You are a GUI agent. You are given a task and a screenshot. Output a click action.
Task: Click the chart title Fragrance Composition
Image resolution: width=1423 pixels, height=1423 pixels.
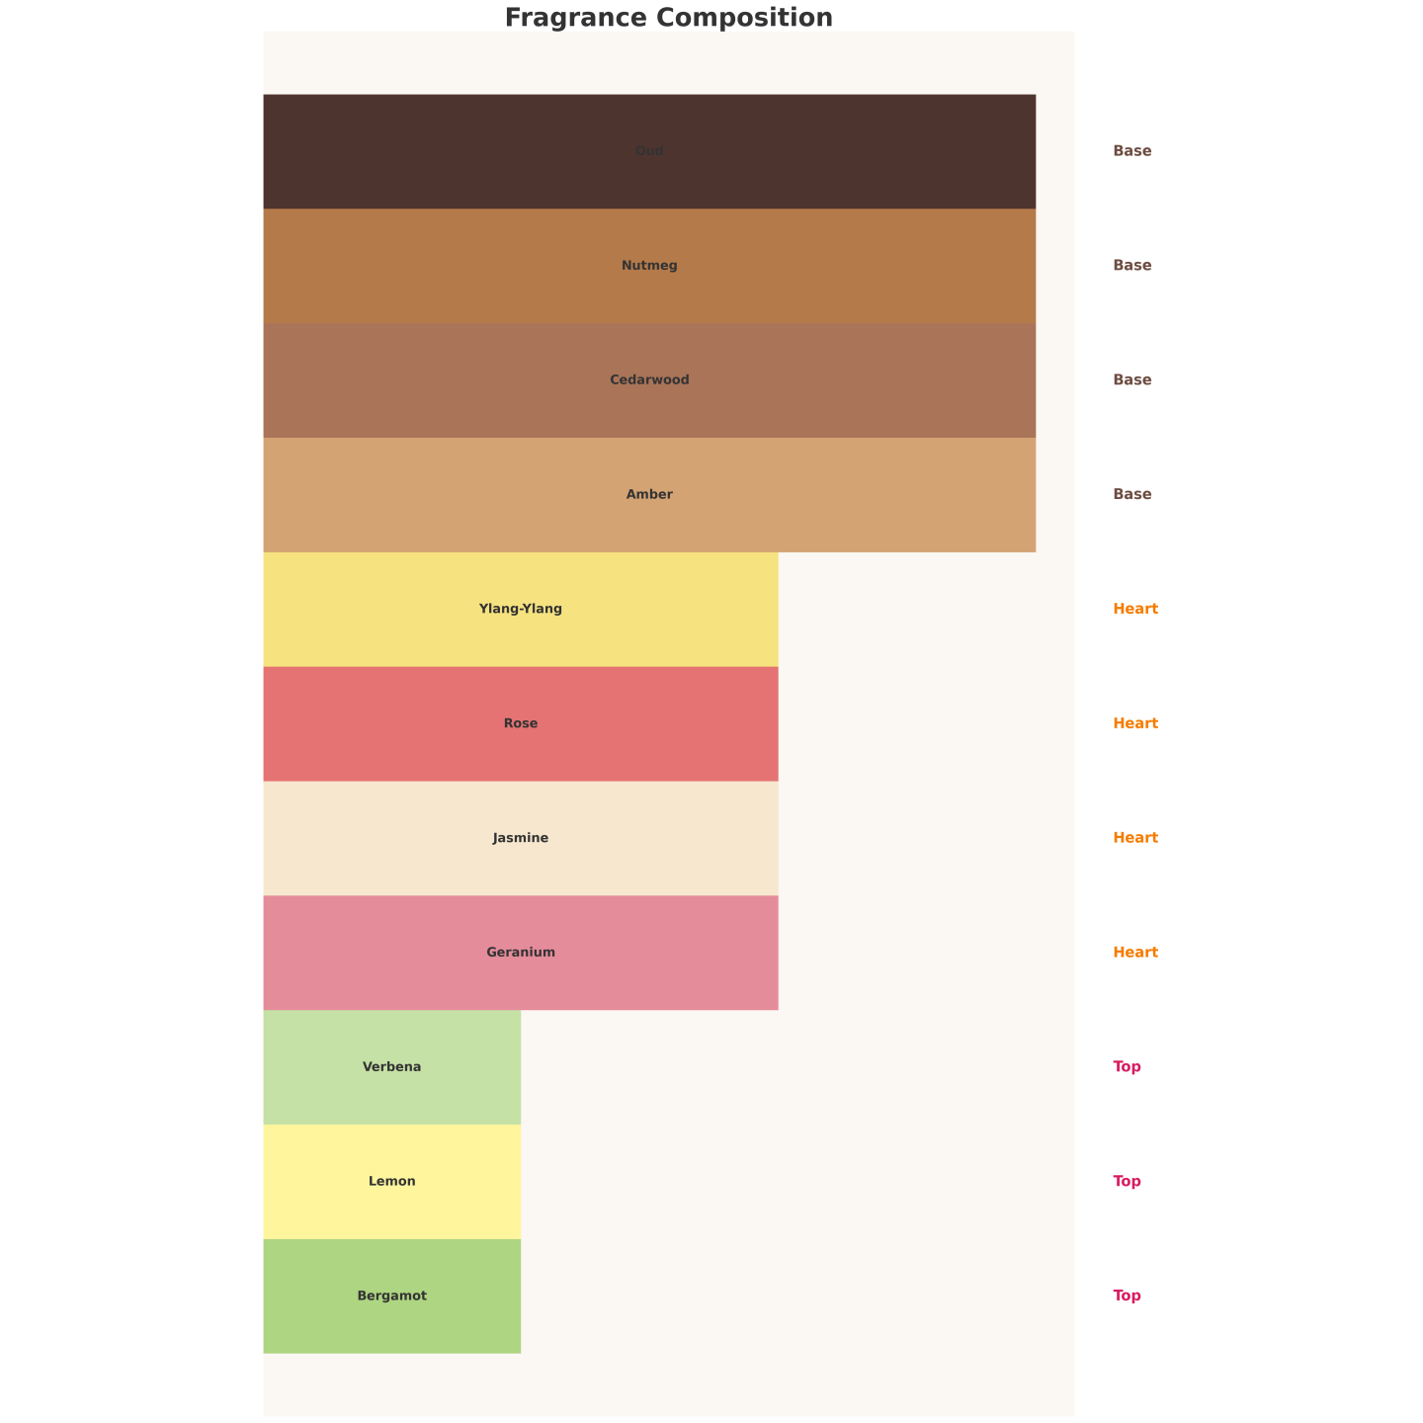tap(668, 18)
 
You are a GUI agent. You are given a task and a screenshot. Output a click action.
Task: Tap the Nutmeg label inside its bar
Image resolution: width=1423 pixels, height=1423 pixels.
tap(649, 266)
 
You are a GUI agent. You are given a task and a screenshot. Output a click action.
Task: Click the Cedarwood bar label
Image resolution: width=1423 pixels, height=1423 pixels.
tap(649, 380)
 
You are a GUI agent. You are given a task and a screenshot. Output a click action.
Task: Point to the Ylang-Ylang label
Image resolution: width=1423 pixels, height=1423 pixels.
tap(521, 609)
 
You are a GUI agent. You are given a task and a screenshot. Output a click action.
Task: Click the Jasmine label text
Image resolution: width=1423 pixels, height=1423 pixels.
tap(521, 838)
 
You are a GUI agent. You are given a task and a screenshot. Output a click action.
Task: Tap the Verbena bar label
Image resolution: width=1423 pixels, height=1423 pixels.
tap(392, 1067)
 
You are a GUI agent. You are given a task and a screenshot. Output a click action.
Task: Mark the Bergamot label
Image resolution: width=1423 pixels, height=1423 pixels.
tap(392, 1296)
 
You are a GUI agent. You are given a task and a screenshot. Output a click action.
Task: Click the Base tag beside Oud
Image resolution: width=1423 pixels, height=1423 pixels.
tap(1131, 151)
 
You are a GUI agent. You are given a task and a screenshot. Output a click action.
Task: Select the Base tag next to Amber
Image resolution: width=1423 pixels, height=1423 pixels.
tap(1131, 494)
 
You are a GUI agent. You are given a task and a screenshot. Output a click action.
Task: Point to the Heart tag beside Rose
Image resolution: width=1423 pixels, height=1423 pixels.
tap(1135, 723)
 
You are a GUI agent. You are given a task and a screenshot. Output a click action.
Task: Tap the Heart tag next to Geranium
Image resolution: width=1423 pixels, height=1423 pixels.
tap(1135, 953)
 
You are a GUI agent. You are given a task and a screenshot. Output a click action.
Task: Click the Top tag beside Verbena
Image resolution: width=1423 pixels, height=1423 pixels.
tap(1127, 1067)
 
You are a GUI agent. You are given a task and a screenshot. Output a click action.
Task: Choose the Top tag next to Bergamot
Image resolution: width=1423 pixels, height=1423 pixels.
tap(1127, 1296)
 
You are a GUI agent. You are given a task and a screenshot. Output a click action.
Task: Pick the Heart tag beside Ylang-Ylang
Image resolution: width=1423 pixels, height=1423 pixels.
tap(1135, 609)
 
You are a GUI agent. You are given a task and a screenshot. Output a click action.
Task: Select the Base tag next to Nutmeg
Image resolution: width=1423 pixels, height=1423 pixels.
tap(1131, 266)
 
